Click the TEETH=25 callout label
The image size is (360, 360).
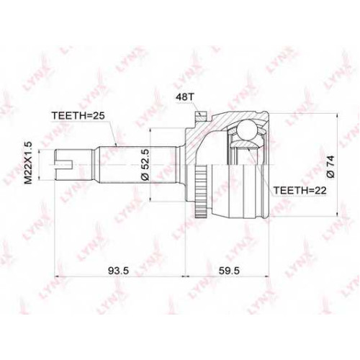(x=78, y=116)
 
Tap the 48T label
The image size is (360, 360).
(x=184, y=97)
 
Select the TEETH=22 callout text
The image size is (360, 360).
(x=300, y=191)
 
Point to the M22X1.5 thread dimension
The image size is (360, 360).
(x=29, y=163)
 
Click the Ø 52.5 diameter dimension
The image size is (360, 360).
(x=145, y=165)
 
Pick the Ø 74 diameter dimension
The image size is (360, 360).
(x=330, y=166)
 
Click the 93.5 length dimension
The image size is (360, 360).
(x=119, y=271)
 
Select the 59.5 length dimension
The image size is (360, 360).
(x=229, y=271)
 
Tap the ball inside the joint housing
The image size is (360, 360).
(x=246, y=130)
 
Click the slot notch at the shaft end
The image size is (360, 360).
(x=63, y=165)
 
